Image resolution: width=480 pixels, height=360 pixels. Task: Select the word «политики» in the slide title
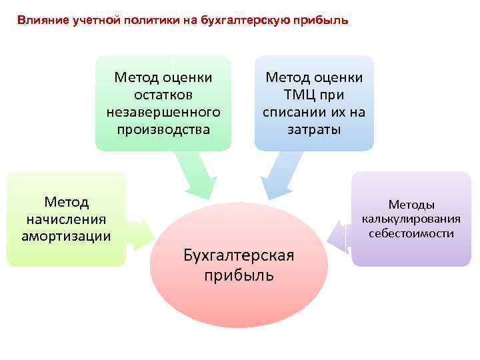[x=149, y=20]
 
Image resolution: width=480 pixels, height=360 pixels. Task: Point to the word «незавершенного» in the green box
[x=163, y=111]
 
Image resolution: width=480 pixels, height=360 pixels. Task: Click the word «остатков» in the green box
[x=163, y=94]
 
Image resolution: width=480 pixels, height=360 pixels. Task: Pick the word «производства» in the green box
[x=163, y=128]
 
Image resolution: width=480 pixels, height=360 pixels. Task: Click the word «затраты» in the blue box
[x=314, y=129]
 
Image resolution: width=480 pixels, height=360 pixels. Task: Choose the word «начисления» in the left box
[x=66, y=218]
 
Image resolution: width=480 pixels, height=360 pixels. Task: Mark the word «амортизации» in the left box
[x=66, y=235]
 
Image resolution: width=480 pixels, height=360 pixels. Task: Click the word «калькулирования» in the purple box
[x=411, y=219]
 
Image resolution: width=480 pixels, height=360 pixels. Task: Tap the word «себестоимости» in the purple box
[x=411, y=233]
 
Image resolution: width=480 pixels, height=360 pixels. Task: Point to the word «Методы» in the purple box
[x=411, y=205]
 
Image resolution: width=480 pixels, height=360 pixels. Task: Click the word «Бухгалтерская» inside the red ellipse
[x=239, y=254]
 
